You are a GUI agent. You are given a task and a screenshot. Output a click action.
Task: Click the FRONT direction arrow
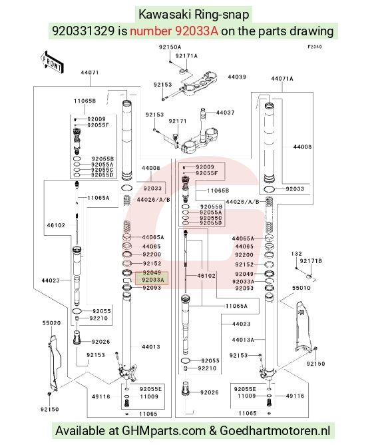52,62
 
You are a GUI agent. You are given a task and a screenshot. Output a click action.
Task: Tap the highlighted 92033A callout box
152,278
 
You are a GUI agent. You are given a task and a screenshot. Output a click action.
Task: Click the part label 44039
237,77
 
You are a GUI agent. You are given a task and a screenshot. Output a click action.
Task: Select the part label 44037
225,113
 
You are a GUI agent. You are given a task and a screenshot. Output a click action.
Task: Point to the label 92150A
170,47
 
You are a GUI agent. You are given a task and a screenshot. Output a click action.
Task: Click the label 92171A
186,56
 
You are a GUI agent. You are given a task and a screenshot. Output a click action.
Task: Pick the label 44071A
282,79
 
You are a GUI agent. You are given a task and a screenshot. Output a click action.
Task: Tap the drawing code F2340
315,47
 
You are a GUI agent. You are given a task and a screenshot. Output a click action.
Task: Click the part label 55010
301,288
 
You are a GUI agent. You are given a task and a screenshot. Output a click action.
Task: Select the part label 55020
51,323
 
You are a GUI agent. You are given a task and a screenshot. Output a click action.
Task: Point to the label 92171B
311,261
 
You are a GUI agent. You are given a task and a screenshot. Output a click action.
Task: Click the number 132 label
296,254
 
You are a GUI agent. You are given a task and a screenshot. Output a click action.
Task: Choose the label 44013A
243,340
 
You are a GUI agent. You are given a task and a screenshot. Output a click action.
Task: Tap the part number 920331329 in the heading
83,31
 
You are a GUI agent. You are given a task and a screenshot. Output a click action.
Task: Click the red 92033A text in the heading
174,31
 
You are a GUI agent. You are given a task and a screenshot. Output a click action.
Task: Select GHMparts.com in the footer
164,431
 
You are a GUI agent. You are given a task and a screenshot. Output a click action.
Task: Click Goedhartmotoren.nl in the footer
275,431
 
